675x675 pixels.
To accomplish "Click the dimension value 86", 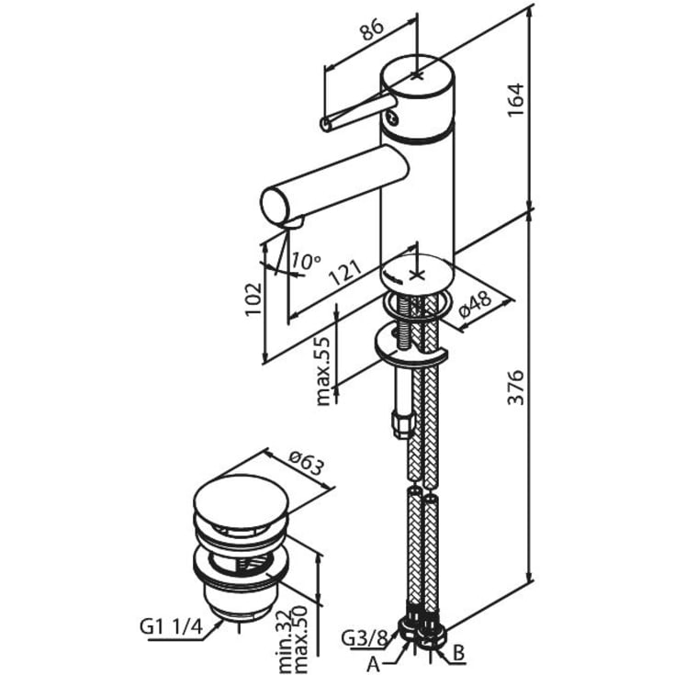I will (x=370, y=31).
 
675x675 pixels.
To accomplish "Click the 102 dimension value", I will (x=254, y=299).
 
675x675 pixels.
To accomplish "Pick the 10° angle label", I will (x=306, y=261).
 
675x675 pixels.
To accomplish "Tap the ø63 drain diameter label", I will (x=308, y=467).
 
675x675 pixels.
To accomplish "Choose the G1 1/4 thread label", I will (x=172, y=627).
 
